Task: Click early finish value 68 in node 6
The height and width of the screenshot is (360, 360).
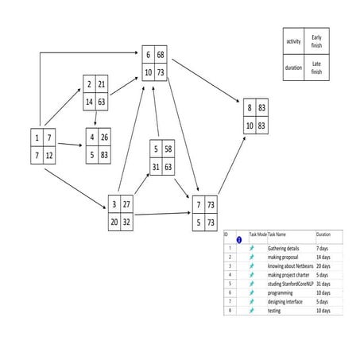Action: tap(161, 55)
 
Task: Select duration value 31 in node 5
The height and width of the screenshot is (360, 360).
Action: tap(156, 166)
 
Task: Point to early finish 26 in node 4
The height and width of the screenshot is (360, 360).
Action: tap(104, 137)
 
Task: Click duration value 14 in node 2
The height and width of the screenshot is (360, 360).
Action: tap(90, 102)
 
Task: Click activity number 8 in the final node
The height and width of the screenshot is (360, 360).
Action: tap(249, 106)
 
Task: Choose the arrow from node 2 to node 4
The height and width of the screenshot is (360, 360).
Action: tap(97, 118)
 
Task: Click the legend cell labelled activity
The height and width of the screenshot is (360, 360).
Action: tap(293, 41)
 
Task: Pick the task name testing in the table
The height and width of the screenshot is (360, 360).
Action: tap(274, 310)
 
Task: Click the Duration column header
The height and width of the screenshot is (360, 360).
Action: tap(324, 235)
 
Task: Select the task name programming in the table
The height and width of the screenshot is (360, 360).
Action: tap(281, 292)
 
